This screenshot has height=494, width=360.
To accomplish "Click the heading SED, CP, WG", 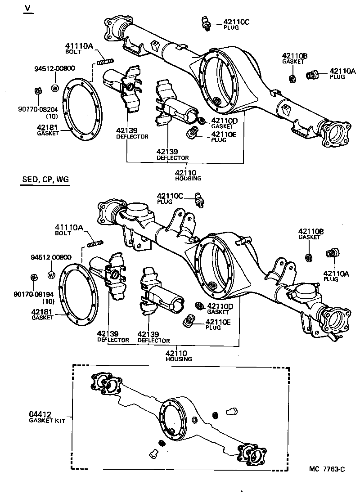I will pyautogui.click(x=45, y=180).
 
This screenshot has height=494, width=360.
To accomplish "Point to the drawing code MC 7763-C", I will pyautogui.click(x=327, y=469).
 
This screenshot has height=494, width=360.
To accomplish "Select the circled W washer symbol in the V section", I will pyautogui.click(x=54, y=88).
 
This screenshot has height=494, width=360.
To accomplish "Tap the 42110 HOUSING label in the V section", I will pyautogui.click(x=188, y=175).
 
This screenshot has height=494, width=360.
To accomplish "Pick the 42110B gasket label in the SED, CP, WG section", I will pyautogui.click(x=310, y=234).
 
